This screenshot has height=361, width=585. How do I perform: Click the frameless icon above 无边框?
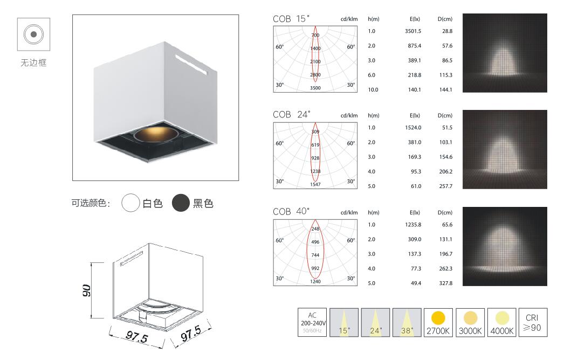pyautogui.click(x=33, y=34)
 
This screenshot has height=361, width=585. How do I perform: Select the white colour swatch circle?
pyautogui.click(x=130, y=203)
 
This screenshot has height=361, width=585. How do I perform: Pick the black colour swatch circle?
pyautogui.click(x=181, y=203)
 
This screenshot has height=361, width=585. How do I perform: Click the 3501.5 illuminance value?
pyautogui.click(x=413, y=31)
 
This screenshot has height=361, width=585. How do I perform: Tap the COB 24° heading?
pyautogui.click(x=291, y=114)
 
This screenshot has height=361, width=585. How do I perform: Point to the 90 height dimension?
pyautogui.click(x=86, y=290)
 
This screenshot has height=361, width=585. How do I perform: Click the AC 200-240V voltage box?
pyautogui.click(x=312, y=323)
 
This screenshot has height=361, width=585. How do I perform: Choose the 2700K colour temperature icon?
pyautogui.click(x=438, y=323)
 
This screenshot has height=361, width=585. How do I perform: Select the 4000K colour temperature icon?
pyautogui.click(x=502, y=323)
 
